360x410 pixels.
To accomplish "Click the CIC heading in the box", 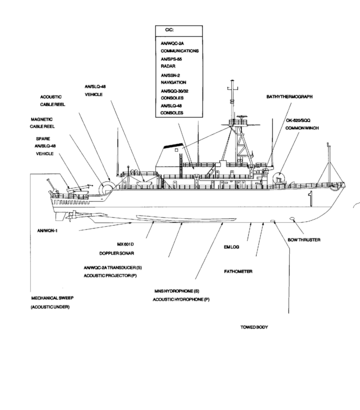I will click(x=170, y=31).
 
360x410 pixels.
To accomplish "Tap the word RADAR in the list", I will click(x=168, y=67).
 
